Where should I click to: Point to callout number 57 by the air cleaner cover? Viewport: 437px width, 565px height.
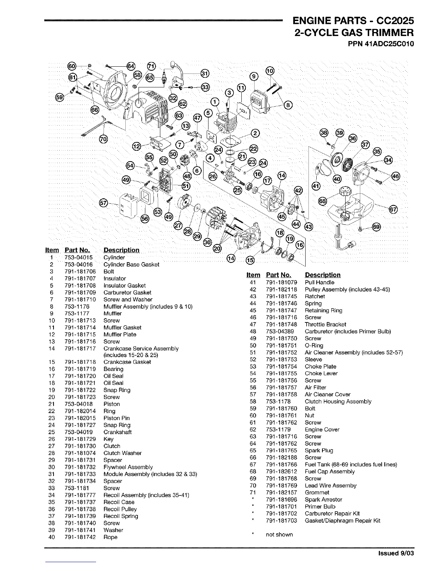[x=103, y=203]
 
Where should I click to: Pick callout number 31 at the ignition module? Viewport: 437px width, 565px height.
[x=205, y=73]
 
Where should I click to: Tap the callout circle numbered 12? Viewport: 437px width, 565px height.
[x=137, y=146]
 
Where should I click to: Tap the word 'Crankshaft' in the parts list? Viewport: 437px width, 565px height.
[x=117, y=432]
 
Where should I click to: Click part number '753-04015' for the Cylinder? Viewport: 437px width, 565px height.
[x=79, y=258]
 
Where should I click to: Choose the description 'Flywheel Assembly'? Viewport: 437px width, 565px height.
[x=128, y=467]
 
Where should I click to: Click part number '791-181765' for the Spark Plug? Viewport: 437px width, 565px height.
[x=281, y=451]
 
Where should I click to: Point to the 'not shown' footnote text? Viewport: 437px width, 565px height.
[x=279, y=534]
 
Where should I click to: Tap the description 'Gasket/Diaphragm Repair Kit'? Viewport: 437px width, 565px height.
[x=342, y=520]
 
